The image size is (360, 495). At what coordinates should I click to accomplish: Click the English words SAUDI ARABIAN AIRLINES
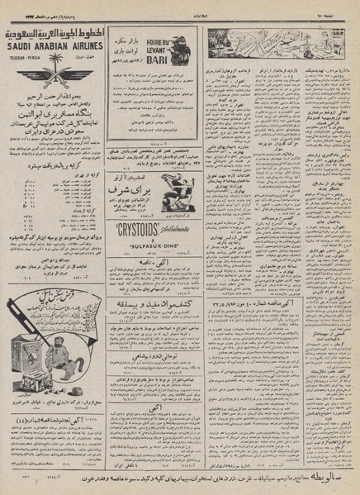[x=54, y=48]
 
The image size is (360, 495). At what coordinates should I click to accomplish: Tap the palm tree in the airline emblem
[x=54, y=66]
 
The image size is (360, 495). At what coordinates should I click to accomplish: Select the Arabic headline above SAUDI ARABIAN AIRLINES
[x=54, y=34]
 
